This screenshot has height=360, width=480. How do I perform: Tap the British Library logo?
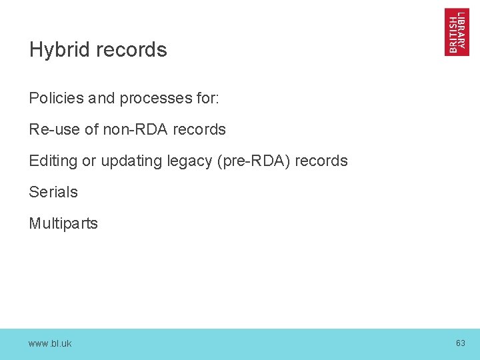457,32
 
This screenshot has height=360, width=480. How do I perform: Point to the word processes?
153,99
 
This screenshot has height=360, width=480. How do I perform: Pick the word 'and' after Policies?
101,98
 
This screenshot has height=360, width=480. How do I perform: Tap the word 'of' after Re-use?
92,129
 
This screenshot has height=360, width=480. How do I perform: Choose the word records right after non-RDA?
199,129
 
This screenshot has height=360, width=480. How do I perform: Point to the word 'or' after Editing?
89,161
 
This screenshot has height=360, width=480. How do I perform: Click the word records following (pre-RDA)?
321,161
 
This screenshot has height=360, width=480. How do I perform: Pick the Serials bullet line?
53,192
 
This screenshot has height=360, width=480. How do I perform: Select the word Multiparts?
63,223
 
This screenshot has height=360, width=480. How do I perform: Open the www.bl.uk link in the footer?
50,343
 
